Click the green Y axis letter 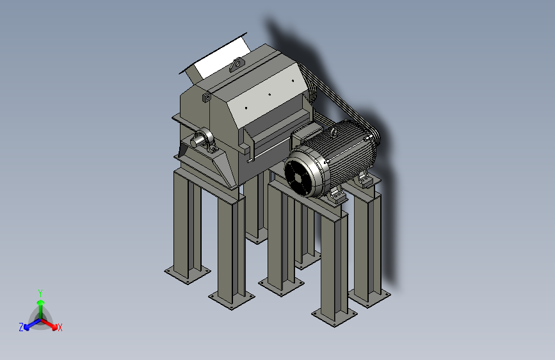40,293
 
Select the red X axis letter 60,327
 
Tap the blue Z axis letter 21,327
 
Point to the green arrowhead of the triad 41,302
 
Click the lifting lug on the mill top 237,65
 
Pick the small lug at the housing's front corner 206,97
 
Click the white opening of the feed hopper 221,59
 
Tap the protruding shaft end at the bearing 196,142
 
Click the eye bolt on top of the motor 334,133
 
